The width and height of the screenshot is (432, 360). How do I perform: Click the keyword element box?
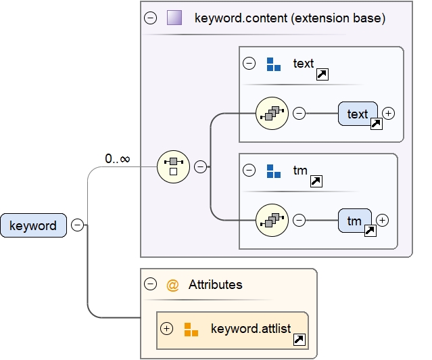coord(33,225)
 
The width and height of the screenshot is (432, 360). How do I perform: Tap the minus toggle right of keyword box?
coord(78,225)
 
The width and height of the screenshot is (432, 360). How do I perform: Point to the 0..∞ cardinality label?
coord(117,159)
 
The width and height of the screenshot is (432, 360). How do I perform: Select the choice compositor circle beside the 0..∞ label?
coord(173,166)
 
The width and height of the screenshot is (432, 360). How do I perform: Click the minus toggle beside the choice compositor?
coord(200,166)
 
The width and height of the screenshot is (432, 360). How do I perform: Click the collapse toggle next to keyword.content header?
coord(151,18)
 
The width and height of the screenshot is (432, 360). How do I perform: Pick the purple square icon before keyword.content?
coord(174,18)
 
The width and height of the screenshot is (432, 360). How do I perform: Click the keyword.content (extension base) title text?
coord(289,18)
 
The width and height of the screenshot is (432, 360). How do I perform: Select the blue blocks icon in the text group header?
coord(273,64)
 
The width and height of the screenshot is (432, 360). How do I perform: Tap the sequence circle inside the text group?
coord(272,113)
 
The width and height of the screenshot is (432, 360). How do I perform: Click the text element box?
coord(358,114)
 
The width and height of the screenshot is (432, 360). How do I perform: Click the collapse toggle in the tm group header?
coord(249,171)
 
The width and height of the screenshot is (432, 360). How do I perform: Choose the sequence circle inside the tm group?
coord(272,220)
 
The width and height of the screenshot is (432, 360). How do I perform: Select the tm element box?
coord(354,221)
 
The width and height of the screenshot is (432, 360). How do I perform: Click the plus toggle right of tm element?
coord(383,220)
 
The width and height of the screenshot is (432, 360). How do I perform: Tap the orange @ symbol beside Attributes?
coord(172,285)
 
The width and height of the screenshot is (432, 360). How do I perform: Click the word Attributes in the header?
coord(215,285)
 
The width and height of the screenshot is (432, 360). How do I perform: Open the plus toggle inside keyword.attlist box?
coord(167,329)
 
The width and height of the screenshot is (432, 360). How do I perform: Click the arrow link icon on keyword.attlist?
coord(299,340)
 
